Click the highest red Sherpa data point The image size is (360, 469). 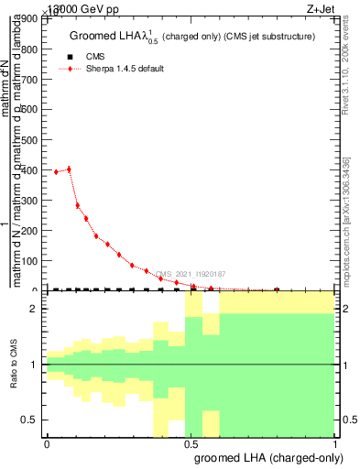69,169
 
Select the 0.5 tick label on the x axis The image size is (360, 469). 191,443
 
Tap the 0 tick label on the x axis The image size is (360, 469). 47,443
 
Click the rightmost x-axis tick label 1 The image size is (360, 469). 336,443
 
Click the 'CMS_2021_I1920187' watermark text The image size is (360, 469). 191,274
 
